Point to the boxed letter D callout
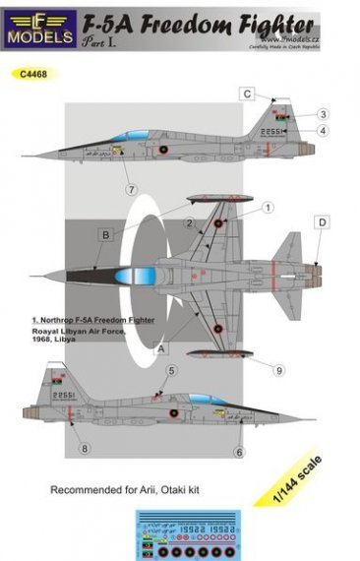(x=321, y=223)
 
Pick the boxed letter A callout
(x=161, y=347)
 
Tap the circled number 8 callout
(x=86, y=450)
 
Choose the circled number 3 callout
(x=324, y=114)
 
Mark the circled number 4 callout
(x=323, y=132)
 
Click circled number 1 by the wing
(x=267, y=208)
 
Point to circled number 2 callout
(x=185, y=224)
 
